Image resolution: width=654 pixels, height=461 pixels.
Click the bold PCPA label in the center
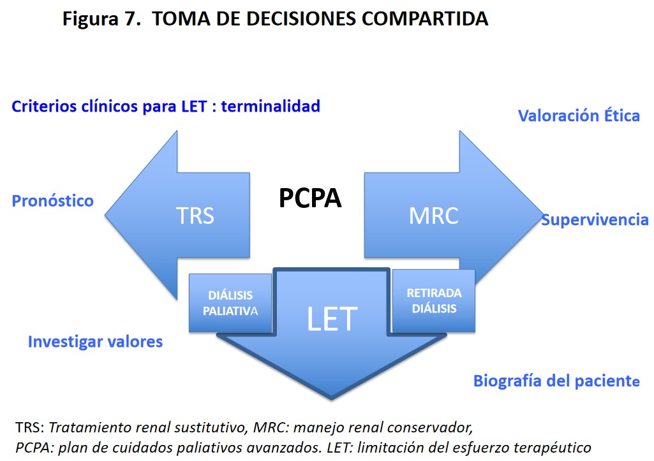click(x=310, y=199)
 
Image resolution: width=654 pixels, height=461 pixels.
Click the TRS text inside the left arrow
click(x=195, y=216)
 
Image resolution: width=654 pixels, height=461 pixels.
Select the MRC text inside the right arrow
click(x=433, y=216)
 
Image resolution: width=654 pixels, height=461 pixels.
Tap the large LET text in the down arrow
click(x=332, y=318)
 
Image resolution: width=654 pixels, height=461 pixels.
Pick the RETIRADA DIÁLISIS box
click(x=434, y=300)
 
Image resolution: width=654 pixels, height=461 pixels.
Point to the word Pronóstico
click(x=53, y=201)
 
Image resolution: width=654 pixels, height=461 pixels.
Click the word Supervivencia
click(x=595, y=220)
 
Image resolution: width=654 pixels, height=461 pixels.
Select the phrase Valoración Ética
click(x=579, y=115)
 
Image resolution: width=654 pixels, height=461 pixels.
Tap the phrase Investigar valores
click(x=95, y=342)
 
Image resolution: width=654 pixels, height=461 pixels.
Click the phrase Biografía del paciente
click(x=556, y=381)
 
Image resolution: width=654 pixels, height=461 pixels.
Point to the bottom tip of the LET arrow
click(x=331, y=399)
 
